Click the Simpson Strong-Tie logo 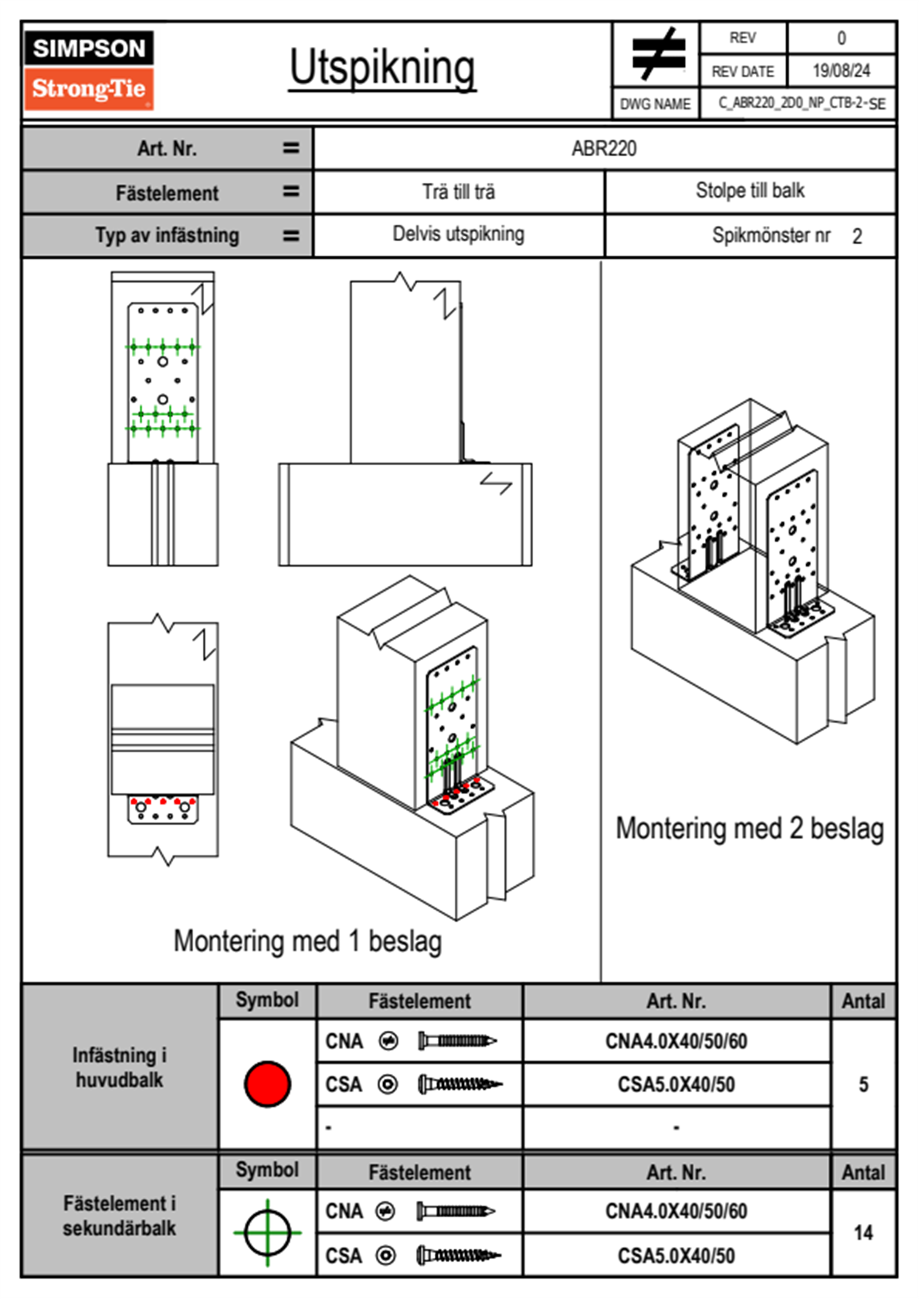[89, 70]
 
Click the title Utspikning [382, 69]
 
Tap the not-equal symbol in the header [658, 53]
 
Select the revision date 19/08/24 [841, 71]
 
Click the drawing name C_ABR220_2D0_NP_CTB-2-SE [802, 103]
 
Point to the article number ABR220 [604, 148]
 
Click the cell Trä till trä [459, 192]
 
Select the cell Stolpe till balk [751, 190]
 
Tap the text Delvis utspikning [459, 234]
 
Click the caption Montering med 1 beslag [308, 941]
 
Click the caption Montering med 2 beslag [750, 828]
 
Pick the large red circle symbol [267, 1084]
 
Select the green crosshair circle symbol [267, 1233]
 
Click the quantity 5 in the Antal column [863, 1084]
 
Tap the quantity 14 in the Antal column [863, 1233]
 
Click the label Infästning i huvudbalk [120, 1067]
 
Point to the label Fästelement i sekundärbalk [120, 1216]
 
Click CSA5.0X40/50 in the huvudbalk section [676, 1084]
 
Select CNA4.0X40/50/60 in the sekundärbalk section [676, 1211]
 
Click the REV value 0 [841, 39]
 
